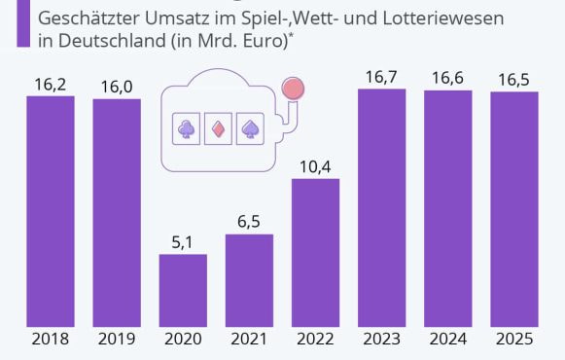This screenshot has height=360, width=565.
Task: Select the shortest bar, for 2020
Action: [183, 290]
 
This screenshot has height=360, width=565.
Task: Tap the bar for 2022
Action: [316, 253]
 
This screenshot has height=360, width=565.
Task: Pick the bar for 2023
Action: [382, 208]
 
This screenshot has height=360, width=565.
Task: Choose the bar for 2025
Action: [514, 209]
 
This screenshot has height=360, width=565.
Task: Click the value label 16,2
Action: [51, 84]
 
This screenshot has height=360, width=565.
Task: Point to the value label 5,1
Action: [183, 241]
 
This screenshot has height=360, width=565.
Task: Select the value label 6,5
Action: [249, 222]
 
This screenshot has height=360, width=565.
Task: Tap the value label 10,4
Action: [316, 166]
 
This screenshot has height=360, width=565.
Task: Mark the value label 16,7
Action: [382, 77]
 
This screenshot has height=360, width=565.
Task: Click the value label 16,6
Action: [448, 79]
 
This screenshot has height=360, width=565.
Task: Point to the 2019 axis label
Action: [117, 340]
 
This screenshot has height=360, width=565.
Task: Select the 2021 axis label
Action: [249, 340]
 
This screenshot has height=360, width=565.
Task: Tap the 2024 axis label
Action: [448, 340]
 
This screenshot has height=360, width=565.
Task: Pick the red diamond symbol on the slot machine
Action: [218, 127]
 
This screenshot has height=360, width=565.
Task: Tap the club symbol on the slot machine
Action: [185, 127]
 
